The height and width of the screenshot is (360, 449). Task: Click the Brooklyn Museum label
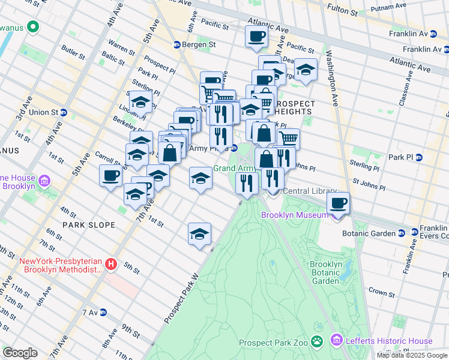[x=295, y=215]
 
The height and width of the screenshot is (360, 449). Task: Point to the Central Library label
[x=309, y=191]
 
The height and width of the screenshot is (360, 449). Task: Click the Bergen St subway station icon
[x=177, y=45]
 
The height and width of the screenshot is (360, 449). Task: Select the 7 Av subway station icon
[x=103, y=313]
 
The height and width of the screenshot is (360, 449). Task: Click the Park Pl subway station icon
[x=419, y=157]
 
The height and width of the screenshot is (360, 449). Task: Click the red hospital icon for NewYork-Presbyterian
[x=110, y=264]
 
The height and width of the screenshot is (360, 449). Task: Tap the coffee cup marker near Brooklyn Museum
[x=339, y=203]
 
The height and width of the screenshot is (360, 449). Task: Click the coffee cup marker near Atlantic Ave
[x=256, y=35]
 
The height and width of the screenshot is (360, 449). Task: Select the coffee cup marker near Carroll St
[x=110, y=176]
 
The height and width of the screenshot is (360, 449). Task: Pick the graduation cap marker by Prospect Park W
[x=200, y=234]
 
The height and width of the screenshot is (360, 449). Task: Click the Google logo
[x=20, y=353]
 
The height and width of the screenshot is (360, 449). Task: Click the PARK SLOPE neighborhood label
[x=88, y=224]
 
